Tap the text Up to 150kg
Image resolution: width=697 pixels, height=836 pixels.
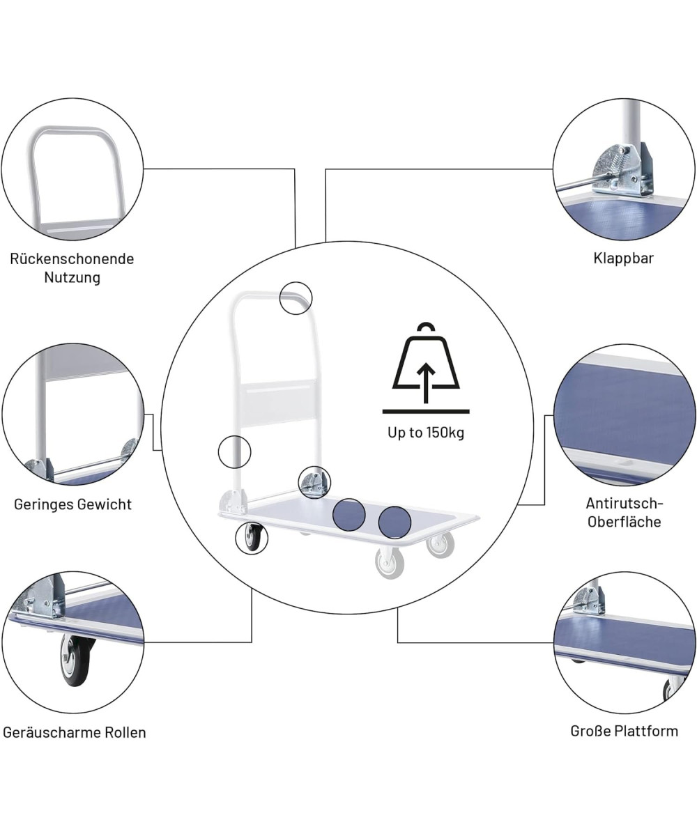[425, 433]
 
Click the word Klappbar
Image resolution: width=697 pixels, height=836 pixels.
[623, 258]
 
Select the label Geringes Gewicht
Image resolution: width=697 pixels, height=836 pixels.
[72, 504]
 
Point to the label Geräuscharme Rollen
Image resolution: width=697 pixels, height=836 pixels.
[74, 732]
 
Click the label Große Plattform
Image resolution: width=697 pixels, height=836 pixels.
[624, 731]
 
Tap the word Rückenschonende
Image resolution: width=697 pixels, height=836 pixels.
[72, 259]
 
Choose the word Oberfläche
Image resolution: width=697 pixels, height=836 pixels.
[624, 522]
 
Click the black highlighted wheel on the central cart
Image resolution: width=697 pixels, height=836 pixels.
[252, 538]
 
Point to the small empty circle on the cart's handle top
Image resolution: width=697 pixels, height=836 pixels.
[296, 298]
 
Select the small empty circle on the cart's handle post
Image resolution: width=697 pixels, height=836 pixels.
[234, 452]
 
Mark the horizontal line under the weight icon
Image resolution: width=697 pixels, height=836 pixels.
[425, 411]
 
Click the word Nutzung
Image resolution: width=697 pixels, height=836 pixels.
[72, 277]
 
